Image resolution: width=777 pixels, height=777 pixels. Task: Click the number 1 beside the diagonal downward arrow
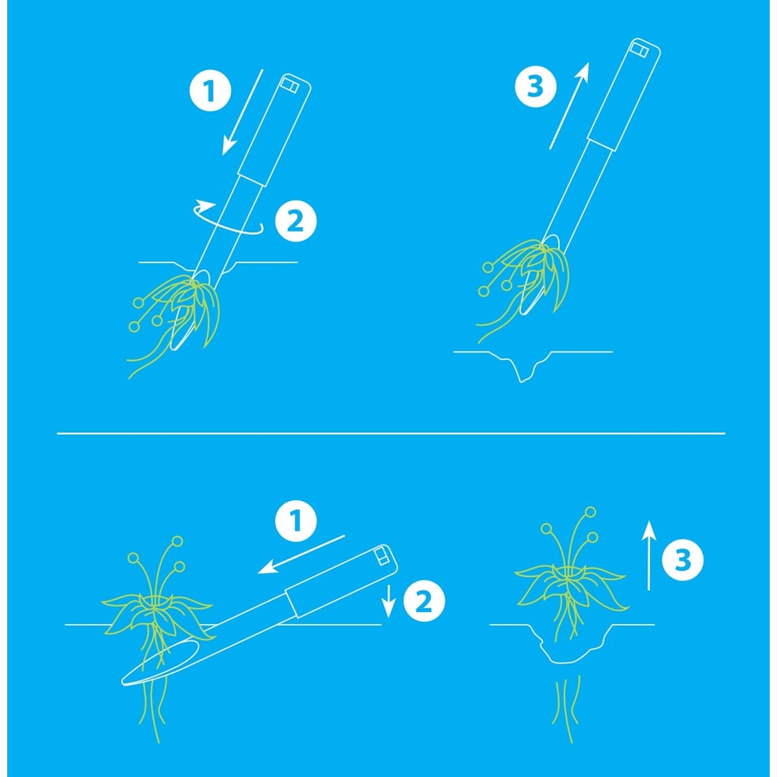click(x=210, y=91)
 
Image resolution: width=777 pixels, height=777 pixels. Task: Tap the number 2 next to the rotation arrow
click(x=295, y=222)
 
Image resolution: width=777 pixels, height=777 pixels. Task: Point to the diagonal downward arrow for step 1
click(x=242, y=112)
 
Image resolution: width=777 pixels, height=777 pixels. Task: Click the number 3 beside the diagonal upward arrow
click(x=535, y=87)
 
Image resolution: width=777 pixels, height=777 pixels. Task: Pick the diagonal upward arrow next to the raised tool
click(x=569, y=106)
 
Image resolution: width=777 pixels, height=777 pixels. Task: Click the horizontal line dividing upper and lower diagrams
click(x=391, y=433)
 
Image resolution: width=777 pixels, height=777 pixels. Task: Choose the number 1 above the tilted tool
click(x=296, y=521)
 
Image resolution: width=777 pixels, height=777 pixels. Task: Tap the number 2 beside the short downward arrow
click(x=424, y=601)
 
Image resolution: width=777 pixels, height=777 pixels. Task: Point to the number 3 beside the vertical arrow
click(x=683, y=560)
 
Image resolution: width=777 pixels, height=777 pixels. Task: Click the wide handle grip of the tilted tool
click(x=342, y=580)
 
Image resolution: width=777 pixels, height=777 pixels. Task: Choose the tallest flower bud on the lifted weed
click(x=589, y=512)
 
